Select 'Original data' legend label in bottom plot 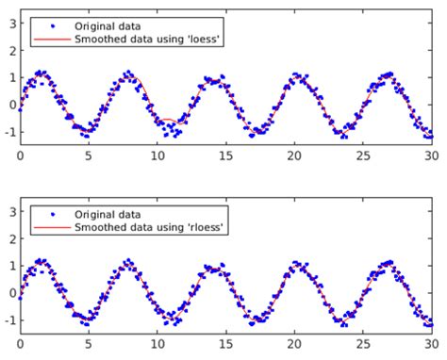point(104,214)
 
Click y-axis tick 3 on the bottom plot point(10,205)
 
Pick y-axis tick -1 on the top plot point(8,133)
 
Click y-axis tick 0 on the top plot point(10,105)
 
